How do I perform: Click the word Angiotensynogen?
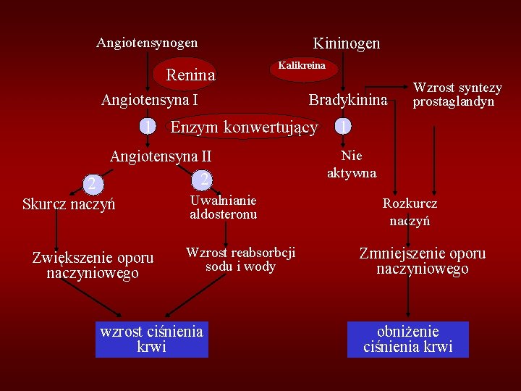[147, 43]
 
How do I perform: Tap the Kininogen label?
[346, 43]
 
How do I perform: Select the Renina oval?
[190, 75]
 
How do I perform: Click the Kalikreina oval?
[302, 66]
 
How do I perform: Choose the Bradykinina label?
[348, 100]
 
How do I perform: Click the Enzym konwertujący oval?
[244, 127]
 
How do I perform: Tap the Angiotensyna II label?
[160, 156]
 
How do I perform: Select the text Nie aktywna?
[352, 164]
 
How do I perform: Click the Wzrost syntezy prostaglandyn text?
[457, 95]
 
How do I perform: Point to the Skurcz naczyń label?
[69, 204]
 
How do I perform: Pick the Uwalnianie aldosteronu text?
[223, 207]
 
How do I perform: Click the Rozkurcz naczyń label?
[410, 212]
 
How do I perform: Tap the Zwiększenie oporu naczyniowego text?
[93, 265]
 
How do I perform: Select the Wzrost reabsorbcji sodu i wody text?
[240, 259]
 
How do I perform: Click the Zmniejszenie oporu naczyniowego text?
[423, 261]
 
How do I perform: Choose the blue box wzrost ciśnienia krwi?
[151, 340]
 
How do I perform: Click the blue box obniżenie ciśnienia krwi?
[408, 340]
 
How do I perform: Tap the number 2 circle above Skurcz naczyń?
[92, 184]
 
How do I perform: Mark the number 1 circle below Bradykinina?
[344, 127]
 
